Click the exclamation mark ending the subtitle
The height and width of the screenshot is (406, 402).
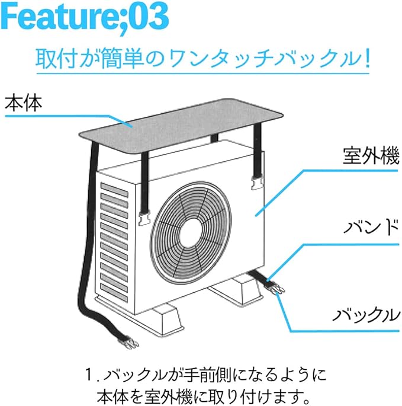pos(364,60)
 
